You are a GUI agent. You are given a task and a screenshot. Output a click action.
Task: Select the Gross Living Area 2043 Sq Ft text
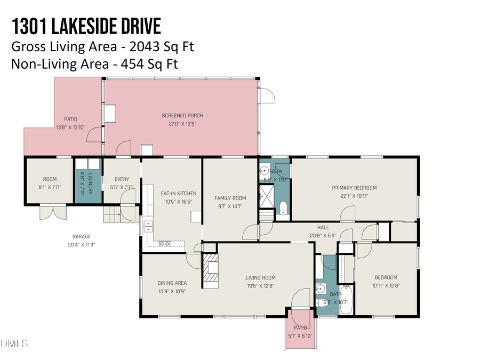102,46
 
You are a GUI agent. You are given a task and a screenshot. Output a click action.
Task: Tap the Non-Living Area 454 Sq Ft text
94,64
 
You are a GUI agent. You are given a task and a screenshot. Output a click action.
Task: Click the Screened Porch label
182,116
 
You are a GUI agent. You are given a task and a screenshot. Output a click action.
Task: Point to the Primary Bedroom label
354,188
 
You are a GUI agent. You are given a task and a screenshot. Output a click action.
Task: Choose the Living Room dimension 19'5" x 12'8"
260,286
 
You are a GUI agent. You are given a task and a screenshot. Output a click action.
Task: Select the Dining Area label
172,283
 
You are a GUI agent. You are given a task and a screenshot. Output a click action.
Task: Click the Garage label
82,236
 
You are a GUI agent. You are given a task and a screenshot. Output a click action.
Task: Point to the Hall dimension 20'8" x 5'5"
323,235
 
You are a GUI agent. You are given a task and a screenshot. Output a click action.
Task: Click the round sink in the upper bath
265,172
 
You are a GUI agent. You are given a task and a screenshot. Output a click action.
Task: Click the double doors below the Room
53,213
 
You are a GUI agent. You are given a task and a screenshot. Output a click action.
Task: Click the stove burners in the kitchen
165,244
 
